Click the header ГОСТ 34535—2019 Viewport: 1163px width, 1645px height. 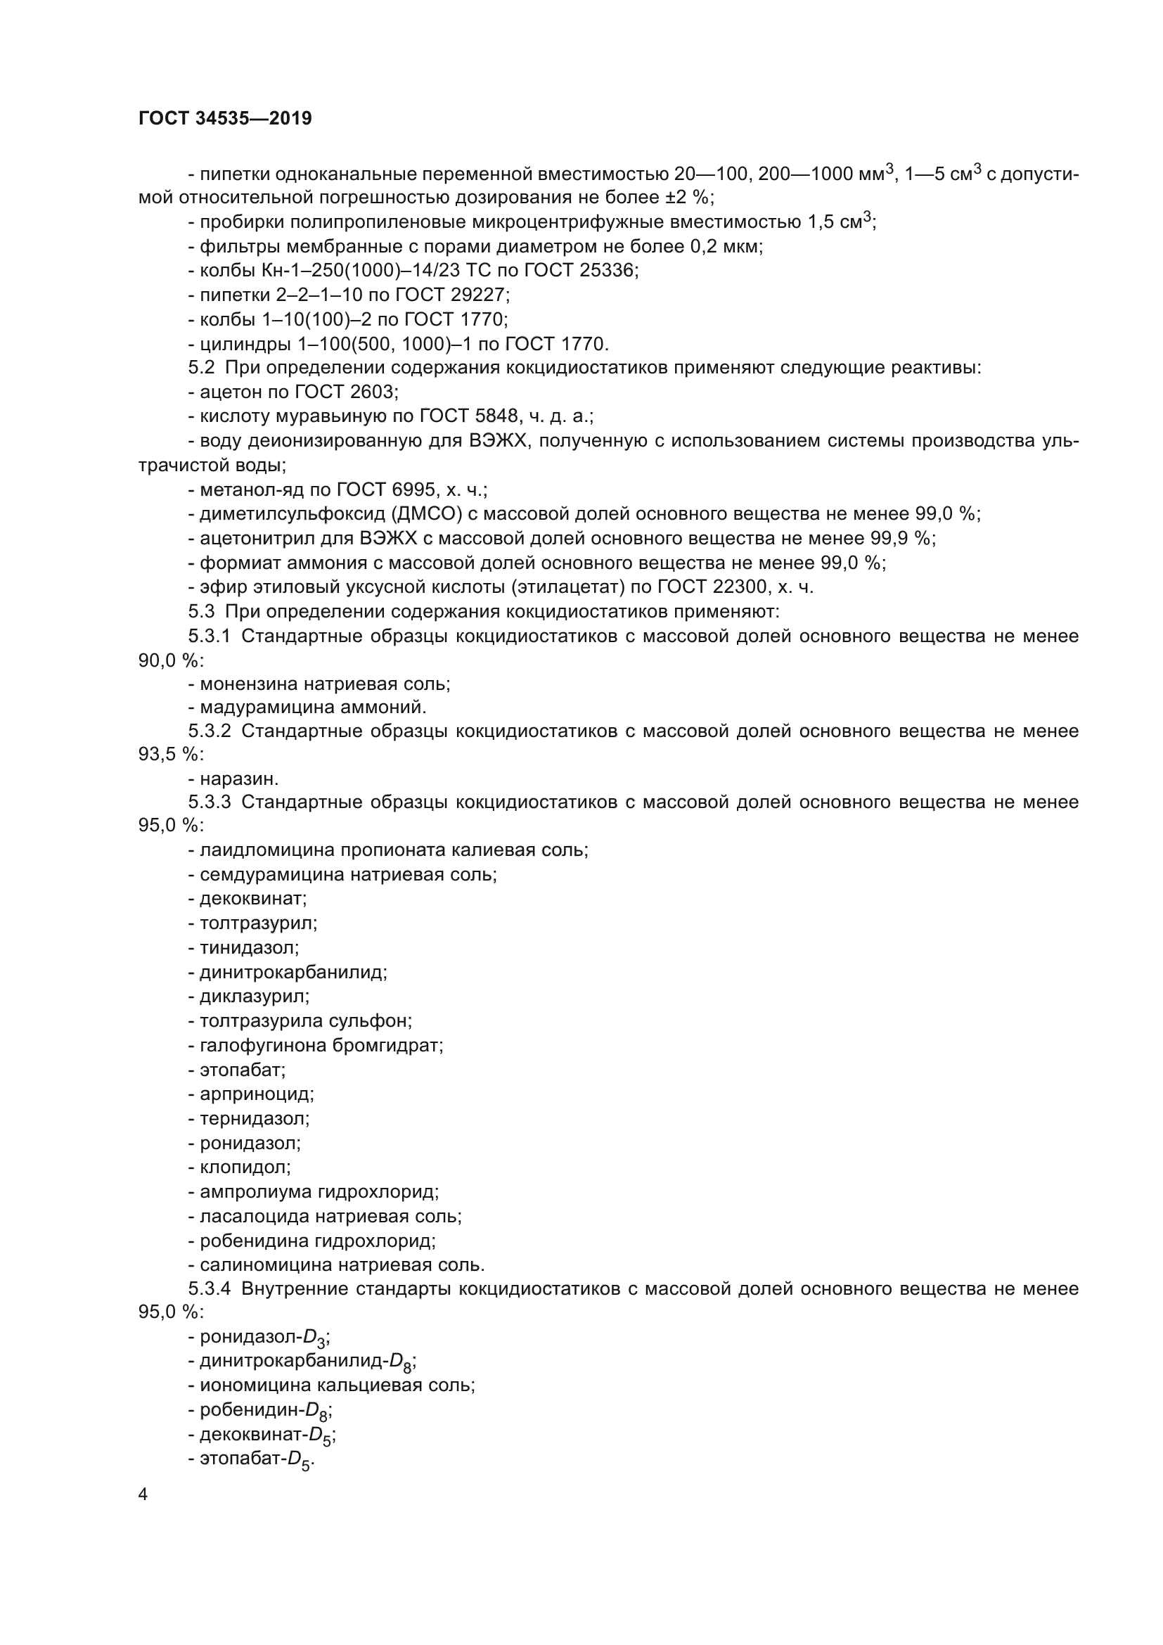225,118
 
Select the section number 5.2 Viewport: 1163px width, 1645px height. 201,369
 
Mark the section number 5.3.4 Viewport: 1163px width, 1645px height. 209,1289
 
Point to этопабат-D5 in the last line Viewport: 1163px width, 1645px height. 256,1459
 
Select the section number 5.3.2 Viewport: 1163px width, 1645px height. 209,731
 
